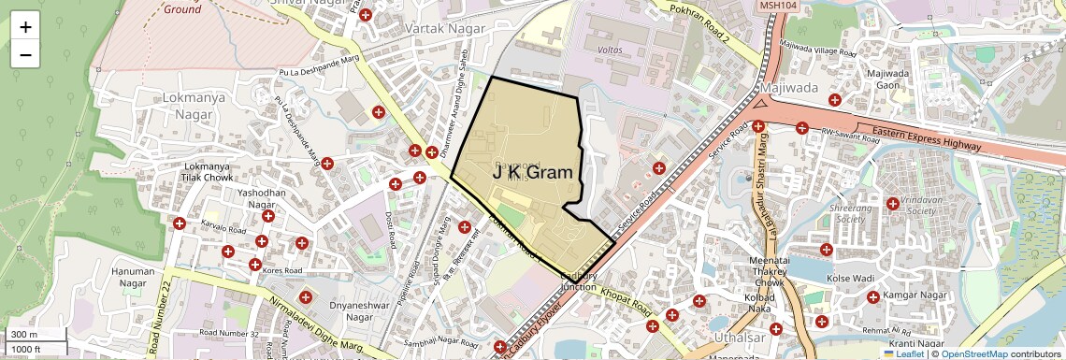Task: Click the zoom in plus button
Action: click(25, 27)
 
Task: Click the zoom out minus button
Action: click(25, 54)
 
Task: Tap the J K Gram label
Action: click(532, 172)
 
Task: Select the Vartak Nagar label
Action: click(445, 29)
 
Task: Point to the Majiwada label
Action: click(789, 88)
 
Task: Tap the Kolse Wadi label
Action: click(849, 279)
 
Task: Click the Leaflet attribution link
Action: click(904, 353)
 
